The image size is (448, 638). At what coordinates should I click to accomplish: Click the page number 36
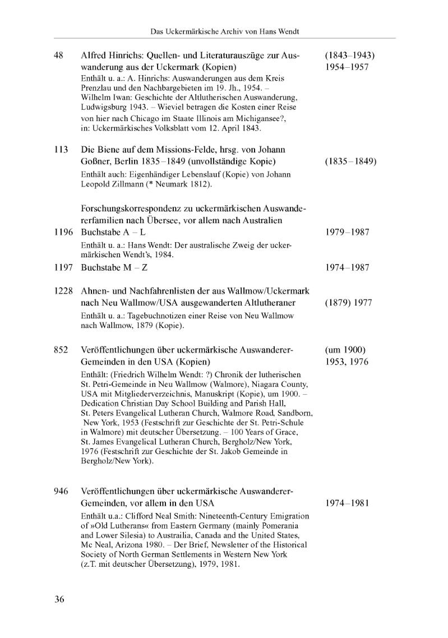(x=59, y=599)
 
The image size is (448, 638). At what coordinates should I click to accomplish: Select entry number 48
(x=58, y=56)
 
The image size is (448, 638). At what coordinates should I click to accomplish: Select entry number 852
(x=61, y=350)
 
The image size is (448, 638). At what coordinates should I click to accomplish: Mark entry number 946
(x=61, y=491)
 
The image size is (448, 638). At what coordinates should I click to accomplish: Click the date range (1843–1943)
(x=349, y=56)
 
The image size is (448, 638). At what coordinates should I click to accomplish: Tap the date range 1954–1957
(x=347, y=67)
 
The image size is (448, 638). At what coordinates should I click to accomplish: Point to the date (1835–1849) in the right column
(x=350, y=162)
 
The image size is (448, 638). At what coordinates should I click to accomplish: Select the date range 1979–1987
(x=347, y=232)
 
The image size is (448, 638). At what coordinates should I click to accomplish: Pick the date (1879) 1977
(x=348, y=303)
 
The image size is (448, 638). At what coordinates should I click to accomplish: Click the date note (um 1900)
(x=345, y=350)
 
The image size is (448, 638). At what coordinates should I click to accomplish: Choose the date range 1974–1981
(x=347, y=503)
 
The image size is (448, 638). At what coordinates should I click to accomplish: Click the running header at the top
(x=225, y=31)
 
